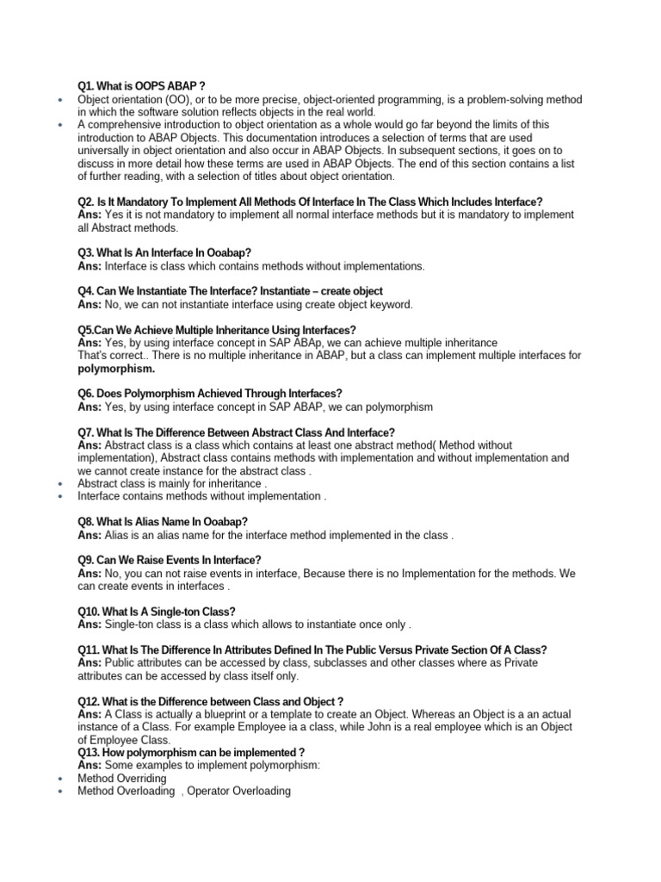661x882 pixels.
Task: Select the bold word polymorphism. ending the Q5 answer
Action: tap(116, 369)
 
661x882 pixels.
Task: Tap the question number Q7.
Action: tap(87, 432)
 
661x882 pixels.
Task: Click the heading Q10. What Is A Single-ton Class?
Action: tap(157, 612)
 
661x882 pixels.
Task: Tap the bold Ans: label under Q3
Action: tap(90, 266)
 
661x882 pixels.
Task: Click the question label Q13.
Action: tap(89, 753)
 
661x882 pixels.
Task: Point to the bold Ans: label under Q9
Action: tap(90, 573)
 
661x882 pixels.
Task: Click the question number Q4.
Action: tap(86, 291)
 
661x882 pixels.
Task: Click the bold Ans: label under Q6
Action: tap(90, 407)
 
